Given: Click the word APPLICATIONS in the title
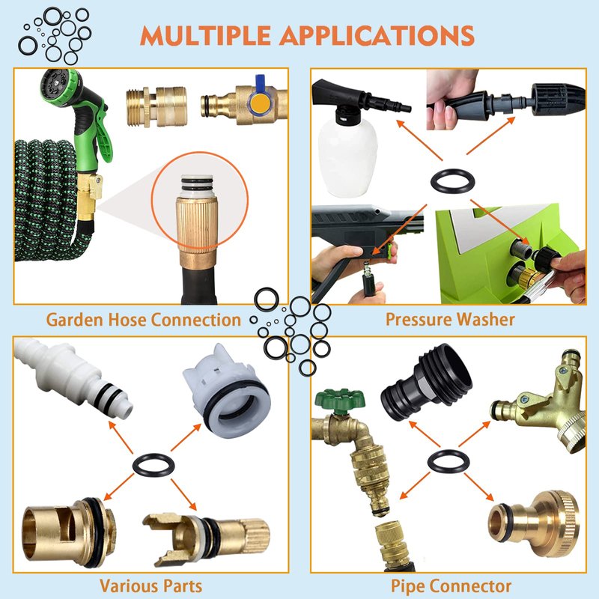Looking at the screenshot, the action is [377, 35].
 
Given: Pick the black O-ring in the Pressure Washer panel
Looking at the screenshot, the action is [452, 180].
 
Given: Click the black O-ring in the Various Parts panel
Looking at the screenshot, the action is [153, 465].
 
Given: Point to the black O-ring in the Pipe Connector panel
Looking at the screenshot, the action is [448, 461].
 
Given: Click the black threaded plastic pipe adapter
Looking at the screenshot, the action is [426, 383].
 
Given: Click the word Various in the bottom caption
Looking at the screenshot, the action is [128, 586].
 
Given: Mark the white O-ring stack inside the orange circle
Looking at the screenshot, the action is [197, 186].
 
